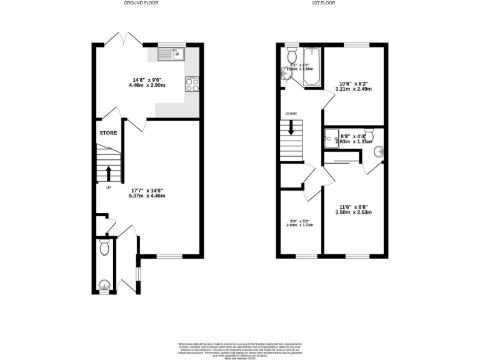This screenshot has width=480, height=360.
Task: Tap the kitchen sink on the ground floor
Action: pyautogui.click(x=168, y=54)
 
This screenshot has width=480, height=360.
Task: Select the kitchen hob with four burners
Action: pyautogui.click(x=192, y=84)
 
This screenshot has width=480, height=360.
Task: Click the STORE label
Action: pyautogui.click(x=108, y=133)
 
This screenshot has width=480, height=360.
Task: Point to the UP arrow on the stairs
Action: pyautogui.click(x=108, y=172)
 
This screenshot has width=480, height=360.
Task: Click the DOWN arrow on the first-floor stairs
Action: pyautogui.click(x=291, y=129)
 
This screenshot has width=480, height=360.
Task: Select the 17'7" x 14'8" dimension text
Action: pyautogui.click(x=148, y=192)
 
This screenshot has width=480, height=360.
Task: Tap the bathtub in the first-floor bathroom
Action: pyautogui.click(x=311, y=67)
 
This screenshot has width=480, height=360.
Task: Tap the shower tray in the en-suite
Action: pyautogui.click(x=331, y=138)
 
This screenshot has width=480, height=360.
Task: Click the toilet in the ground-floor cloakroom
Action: pyautogui.click(x=104, y=248)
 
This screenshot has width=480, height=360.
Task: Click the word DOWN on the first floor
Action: pyautogui.click(x=291, y=114)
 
